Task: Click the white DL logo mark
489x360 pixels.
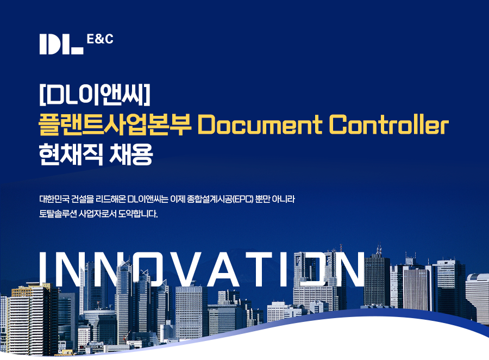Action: point(61,45)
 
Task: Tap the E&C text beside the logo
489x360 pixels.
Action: point(100,39)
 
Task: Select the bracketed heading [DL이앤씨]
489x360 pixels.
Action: point(95,95)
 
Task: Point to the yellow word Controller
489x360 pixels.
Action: point(389,125)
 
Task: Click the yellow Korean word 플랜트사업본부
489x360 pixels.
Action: point(115,125)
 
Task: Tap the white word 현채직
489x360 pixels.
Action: point(71,154)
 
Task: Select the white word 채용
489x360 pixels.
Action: point(131,154)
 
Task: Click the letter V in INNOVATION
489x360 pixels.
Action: point(179,269)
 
